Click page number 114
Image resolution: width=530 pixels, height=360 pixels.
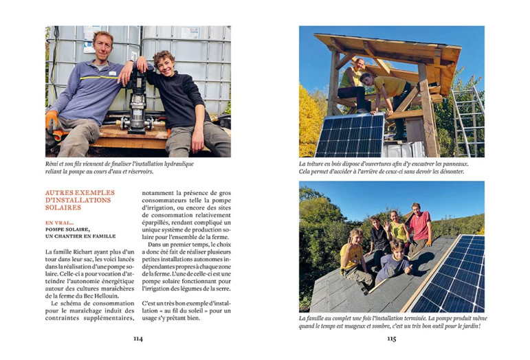pos(138,338)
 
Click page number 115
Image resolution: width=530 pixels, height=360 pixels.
pos(391,338)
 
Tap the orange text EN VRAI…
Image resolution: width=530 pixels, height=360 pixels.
pos(60,223)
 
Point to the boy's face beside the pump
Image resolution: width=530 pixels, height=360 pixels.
pos(164,62)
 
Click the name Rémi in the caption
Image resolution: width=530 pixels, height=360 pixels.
pos(54,164)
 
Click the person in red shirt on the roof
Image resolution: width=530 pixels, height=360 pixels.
pos(419,227)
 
